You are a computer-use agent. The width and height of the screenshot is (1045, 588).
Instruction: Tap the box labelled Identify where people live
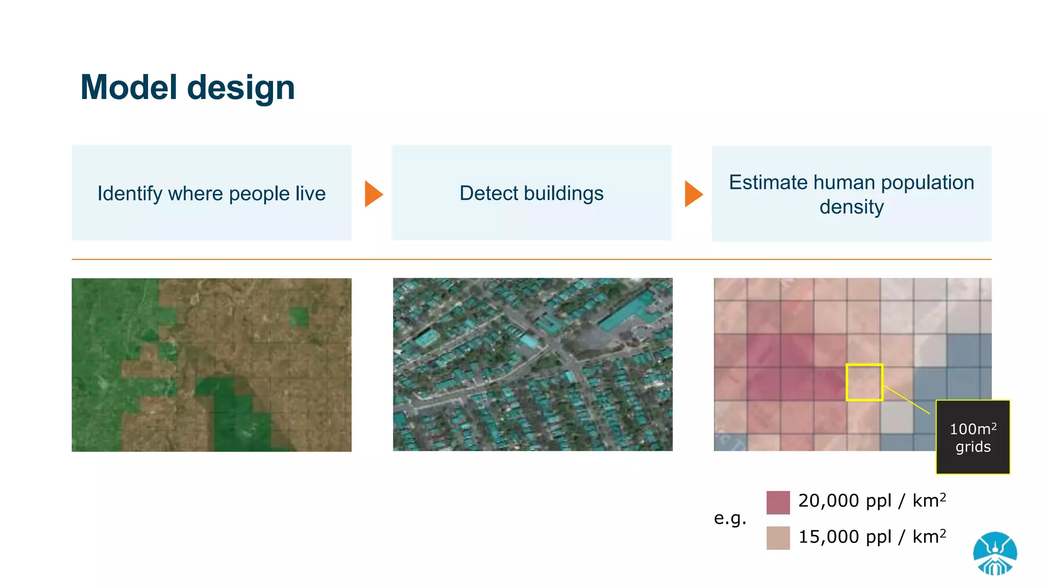pyautogui.click(x=211, y=193)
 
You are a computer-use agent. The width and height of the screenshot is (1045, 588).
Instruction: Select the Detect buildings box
pyautogui.click(x=531, y=193)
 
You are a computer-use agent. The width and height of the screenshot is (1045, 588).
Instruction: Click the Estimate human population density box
pyautogui.click(x=851, y=194)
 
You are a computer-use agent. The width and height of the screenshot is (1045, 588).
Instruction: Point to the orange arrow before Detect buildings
pyautogui.click(x=373, y=194)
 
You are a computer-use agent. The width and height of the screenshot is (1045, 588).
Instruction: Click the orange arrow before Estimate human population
pyautogui.click(x=693, y=194)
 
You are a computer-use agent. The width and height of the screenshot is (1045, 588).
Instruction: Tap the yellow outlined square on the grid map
pyautogui.click(x=864, y=382)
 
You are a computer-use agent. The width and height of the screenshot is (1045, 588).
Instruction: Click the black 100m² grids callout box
pyautogui.click(x=973, y=437)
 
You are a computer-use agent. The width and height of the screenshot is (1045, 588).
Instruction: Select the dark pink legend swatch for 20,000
pyautogui.click(x=778, y=502)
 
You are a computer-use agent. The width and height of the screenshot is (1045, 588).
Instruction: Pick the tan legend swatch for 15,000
pyautogui.click(x=778, y=538)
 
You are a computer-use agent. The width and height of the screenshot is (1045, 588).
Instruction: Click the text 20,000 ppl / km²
pyautogui.click(x=872, y=501)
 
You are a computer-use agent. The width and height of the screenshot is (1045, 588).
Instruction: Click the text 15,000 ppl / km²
pyautogui.click(x=872, y=537)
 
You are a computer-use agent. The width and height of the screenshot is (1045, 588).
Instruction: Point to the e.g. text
pyautogui.click(x=730, y=519)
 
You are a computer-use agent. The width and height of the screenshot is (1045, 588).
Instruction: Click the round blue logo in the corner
pyautogui.click(x=994, y=554)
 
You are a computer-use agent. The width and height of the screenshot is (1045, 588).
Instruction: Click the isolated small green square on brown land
pyautogui.click(x=298, y=316)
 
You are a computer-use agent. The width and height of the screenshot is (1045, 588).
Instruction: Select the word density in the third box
pyautogui.click(x=851, y=207)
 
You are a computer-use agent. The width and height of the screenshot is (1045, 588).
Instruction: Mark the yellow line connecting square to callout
pyautogui.click(x=907, y=400)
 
